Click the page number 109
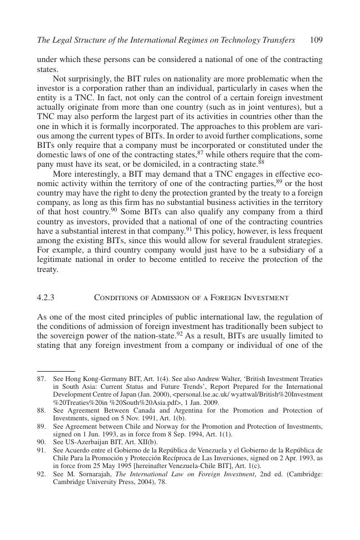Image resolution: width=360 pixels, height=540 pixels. pyautogui.click(x=316, y=40)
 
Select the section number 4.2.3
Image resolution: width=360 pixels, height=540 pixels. pyautogui.click(x=45, y=297)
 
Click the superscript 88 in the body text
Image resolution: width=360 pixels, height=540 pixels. pyautogui.click(x=261, y=162)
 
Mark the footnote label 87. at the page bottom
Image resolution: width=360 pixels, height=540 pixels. pyautogui.click(x=42, y=379)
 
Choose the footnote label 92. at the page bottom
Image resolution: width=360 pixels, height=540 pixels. pyautogui.click(x=42, y=459)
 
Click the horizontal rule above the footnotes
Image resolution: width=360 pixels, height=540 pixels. pyautogui.click(x=56, y=371)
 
